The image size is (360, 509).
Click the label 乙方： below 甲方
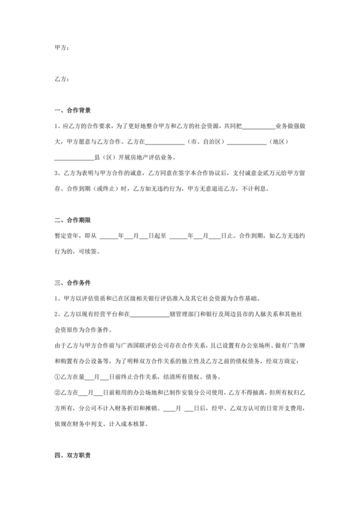click(63, 80)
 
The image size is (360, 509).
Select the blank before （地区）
click(246, 142)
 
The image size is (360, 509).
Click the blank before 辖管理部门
click(150, 313)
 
